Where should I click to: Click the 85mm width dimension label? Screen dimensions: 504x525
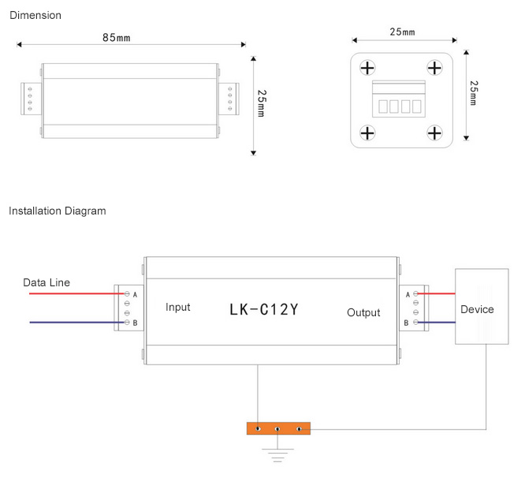click(x=117, y=37)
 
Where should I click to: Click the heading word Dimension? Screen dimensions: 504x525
click(x=35, y=15)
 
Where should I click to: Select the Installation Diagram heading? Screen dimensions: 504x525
click(x=57, y=211)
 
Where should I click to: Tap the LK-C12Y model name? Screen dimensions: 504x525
click(x=264, y=309)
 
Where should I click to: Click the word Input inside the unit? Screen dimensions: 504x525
click(x=178, y=307)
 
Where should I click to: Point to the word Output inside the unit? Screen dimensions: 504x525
click(x=363, y=312)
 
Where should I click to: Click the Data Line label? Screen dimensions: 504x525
click(x=46, y=282)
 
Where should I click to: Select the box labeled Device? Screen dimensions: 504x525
click(x=477, y=308)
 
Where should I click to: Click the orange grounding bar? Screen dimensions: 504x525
click(x=278, y=428)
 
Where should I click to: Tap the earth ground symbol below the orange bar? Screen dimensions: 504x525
click(x=278, y=454)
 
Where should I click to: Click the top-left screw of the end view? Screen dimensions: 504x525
click(x=367, y=67)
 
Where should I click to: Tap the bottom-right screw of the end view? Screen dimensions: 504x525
click(x=434, y=133)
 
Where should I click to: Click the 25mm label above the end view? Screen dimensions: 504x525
click(x=402, y=32)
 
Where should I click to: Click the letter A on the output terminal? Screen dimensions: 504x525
click(x=407, y=294)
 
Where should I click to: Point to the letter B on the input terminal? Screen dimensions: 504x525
click(x=136, y=323)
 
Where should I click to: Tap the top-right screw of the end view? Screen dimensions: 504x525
click(x=434, y=67)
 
